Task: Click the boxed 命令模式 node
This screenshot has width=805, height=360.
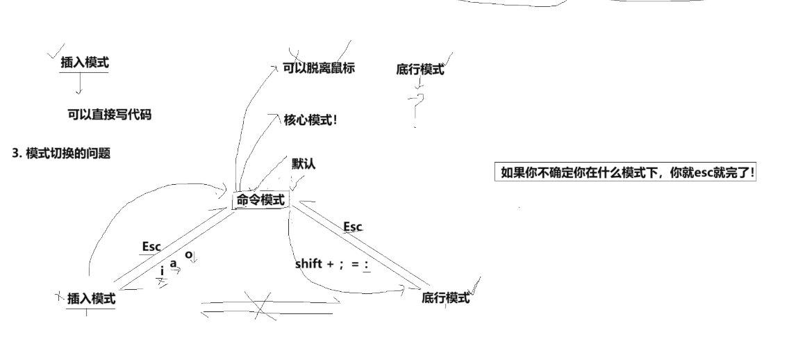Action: tap(260, 200)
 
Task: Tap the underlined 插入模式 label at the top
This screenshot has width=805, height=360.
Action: tap(85, 63)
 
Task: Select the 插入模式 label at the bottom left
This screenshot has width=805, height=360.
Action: tap(91, 299)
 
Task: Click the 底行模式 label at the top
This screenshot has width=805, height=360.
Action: tap(420, 69)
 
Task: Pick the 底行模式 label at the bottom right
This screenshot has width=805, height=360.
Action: tap(446, 298)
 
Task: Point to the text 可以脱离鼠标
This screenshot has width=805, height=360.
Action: tap(319, 68)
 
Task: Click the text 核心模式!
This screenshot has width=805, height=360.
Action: tap(310, 120)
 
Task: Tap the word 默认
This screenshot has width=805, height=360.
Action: tap(304, 164)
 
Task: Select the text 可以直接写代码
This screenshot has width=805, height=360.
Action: tap(109, 115)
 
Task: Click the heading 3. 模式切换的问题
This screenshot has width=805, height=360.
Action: tap(61, 154)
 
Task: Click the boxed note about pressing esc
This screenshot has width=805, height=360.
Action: tap(628, 172)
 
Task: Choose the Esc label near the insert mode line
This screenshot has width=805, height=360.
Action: tap(151, 247)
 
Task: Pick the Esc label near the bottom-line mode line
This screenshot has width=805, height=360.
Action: tap(353, 227)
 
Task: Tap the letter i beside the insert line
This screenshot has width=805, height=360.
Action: tap(162, 270)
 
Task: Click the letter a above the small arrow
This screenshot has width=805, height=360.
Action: tap(173, 263)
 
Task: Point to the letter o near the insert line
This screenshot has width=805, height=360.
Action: tap(188, 254)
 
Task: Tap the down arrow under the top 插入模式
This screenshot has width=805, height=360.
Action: tap(79, 84)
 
